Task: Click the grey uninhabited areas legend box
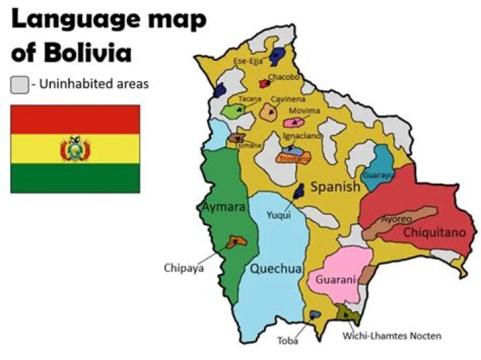19,85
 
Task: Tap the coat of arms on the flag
75,150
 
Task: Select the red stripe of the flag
75,119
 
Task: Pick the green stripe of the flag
75,178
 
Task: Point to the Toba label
288,340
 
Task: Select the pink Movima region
292,122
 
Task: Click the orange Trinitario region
294,159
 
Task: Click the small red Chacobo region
264,83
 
